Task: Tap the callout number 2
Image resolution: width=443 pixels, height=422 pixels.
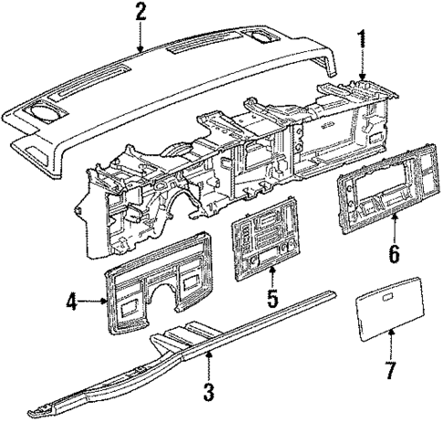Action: coord(140,13)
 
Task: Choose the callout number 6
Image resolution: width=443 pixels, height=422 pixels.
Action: coord(394,251)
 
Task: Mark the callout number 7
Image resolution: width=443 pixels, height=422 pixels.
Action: coord(390,372)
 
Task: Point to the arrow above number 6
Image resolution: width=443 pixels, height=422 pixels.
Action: coord(394,227)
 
